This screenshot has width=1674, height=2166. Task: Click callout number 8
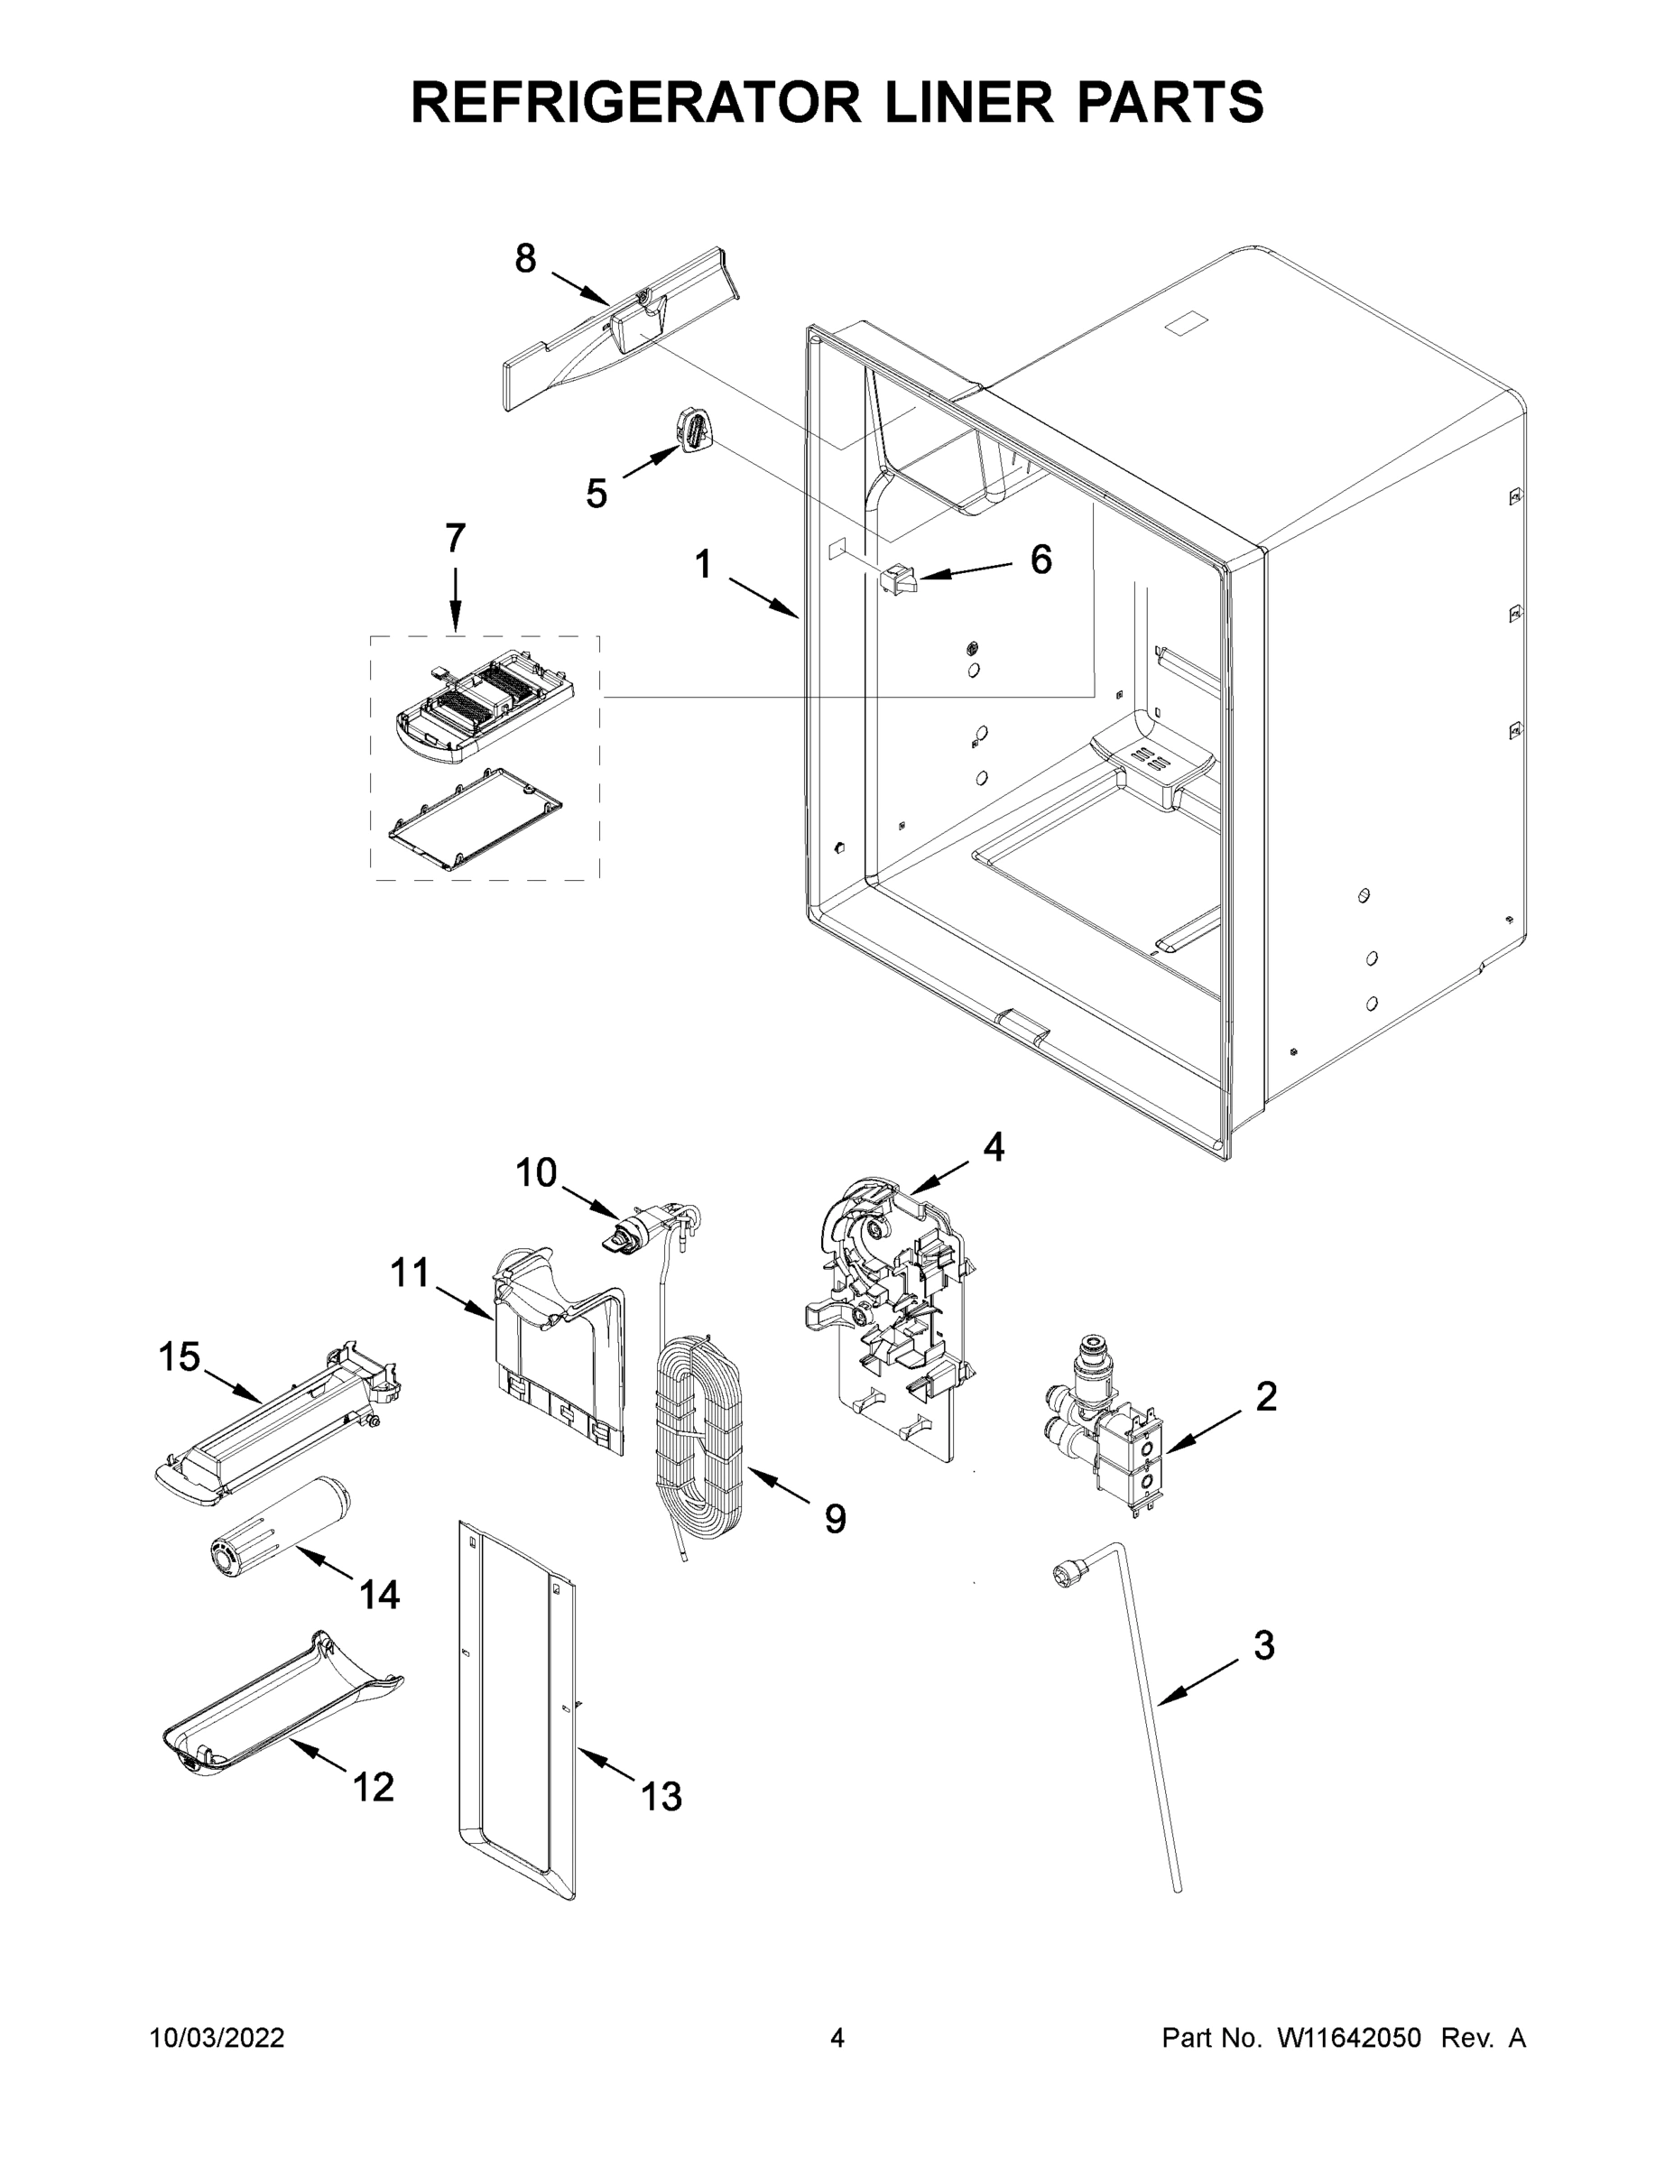click(524, 259)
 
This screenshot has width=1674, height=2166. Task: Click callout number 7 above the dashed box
click(454, 539)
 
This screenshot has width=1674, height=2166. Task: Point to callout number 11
click(410, 1273)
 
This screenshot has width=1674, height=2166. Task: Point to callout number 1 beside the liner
click(703, 565)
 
